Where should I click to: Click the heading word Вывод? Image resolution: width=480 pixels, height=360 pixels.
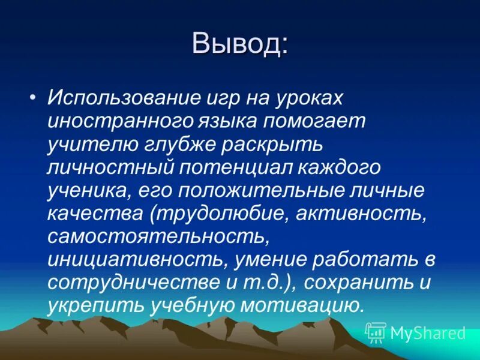240,44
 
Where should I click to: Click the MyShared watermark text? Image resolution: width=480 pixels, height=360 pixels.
428,332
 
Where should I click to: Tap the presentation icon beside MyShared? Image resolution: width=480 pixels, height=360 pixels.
376,332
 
